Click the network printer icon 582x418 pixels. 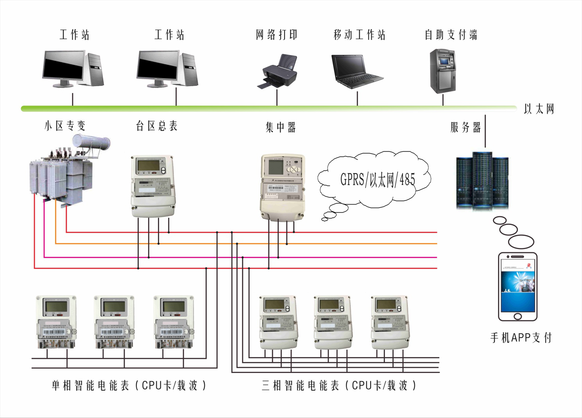tap(278, 72)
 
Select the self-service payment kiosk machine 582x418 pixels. tap(442, 71)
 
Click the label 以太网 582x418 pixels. tap(539, 109)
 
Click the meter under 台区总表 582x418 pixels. tap(153, 186)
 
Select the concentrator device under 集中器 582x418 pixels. tap(282, 187)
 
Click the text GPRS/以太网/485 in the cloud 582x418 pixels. tap(377, 180)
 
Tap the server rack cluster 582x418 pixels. tap(482, 181)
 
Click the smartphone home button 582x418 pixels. tap(518, 316)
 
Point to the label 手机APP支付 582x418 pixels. tap(521, 337)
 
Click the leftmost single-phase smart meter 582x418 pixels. tap(56, 321)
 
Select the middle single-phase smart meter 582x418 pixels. tap(114, 321)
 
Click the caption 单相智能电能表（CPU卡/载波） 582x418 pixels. tap(129, 386)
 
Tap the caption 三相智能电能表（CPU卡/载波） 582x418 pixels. tap(339, 386)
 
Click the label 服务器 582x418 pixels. tap(466, 127)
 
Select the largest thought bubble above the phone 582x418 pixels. tap(521, 242)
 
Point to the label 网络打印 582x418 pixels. tap(277, 35)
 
